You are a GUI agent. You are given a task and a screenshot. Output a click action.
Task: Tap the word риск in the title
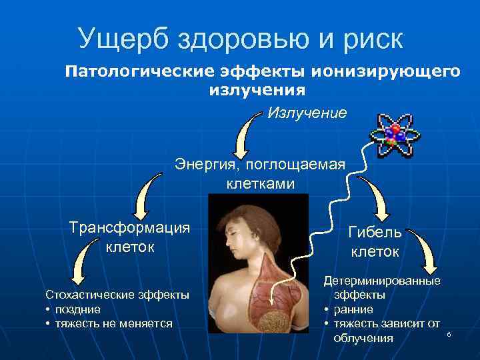[x=369, y=39]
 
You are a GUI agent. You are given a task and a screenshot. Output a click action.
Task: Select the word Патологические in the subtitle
[x=135, y=72]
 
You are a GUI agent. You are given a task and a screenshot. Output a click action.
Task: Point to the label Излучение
[x=307, y=113]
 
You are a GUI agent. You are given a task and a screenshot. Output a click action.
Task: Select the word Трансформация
[x=130, y=227]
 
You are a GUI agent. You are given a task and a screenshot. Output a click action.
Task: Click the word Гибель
[x=375, y=233]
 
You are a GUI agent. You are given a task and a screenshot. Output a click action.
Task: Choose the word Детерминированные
[x=382, y=281]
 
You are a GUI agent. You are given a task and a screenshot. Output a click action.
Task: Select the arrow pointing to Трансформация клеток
[x=147, y=193]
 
